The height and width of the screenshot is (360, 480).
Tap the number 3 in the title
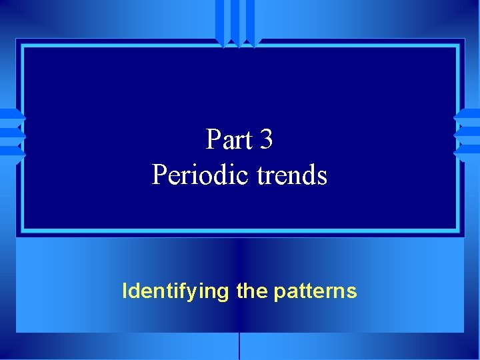point(266,140)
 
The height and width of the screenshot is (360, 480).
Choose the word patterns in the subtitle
point(315,291)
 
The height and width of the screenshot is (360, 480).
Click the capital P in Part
point(213,140)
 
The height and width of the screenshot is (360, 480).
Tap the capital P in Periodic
point(159,175)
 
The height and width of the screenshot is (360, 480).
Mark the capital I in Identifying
point(125,291)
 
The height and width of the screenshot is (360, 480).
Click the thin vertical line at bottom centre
point(239,347)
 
